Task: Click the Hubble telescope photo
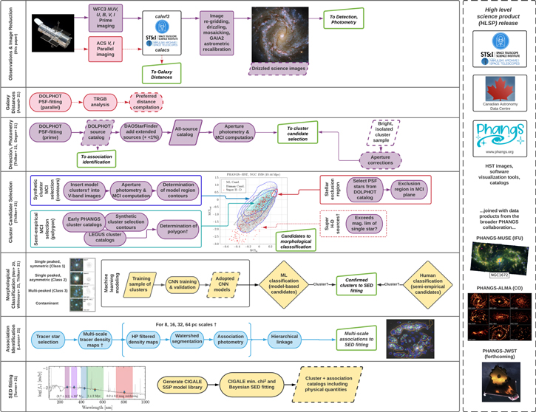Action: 54,34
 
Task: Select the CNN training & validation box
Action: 179,283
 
